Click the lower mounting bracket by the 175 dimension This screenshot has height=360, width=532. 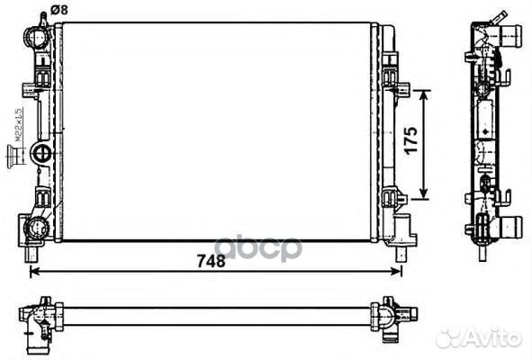click(392, 197)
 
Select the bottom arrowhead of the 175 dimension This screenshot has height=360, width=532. click(430, 197)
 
